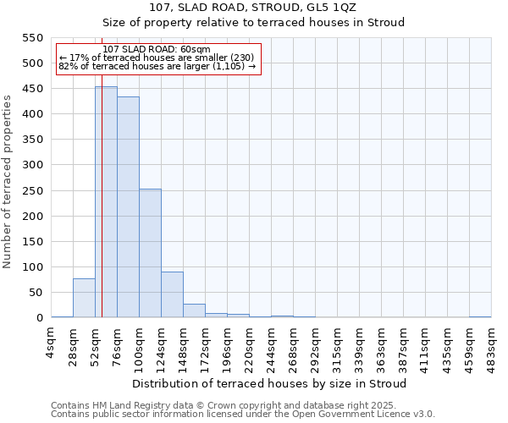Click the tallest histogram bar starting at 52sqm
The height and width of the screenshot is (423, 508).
[x=106, y=203]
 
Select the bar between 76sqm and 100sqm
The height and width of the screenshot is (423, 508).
[x=128, y=207]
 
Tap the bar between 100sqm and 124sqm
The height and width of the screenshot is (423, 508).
[x=150, y=254]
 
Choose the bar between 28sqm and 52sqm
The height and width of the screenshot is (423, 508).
[x=84, y=298]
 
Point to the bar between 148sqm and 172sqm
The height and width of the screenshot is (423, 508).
[x=194, y=310]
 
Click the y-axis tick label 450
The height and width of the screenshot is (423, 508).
[x=33, y=89]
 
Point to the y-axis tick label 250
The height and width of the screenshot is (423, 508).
[x=33, y=190]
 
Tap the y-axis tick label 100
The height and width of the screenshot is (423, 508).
[x=33, y=267]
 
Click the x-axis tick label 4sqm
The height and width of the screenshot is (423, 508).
[x=52, y=343]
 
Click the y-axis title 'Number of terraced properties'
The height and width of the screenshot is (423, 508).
[x=8, y=181]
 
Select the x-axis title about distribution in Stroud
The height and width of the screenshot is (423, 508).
[x=270, y=383]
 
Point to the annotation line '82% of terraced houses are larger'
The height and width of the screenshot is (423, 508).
[x=157, y=66]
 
